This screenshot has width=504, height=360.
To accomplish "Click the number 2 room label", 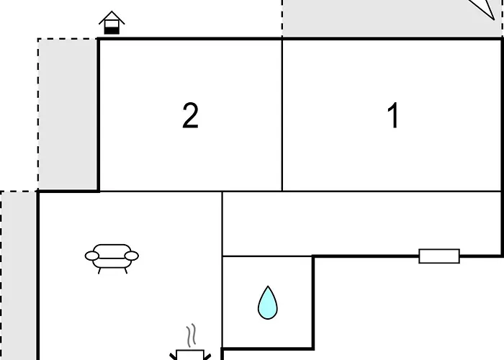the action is [190, 116].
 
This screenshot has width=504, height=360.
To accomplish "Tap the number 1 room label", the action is [393, 115].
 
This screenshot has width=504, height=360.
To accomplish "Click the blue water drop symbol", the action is [268, 303].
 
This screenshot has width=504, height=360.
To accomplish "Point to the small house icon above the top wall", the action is [112, 22].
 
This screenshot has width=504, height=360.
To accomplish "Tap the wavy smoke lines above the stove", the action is [191, 336].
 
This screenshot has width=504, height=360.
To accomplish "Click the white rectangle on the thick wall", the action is [439, 256].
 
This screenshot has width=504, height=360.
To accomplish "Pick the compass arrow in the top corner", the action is [484, 9].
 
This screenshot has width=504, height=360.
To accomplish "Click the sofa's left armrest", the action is [92, 256].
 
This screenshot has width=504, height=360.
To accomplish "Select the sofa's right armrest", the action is [132, 256].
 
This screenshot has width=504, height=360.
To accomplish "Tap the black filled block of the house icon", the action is [112, 30].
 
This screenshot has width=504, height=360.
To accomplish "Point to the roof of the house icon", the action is [112, 17].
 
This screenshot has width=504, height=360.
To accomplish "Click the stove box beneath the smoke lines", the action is [190, 355].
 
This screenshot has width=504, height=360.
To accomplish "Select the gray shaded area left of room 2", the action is [68, 114].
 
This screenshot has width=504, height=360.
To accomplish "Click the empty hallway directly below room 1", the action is [361, 224].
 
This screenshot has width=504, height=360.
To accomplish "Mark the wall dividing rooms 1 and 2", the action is [282, 115].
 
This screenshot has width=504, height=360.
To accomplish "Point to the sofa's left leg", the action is [99, 271].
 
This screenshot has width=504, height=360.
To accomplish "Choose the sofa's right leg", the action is [126, 271].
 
